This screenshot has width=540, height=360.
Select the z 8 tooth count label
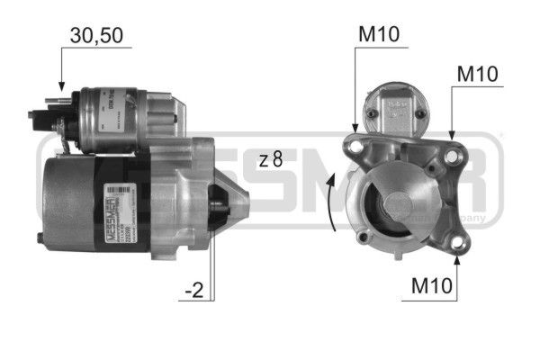(x=270, y=160)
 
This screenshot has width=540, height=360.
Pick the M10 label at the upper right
(x=477, y=73)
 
